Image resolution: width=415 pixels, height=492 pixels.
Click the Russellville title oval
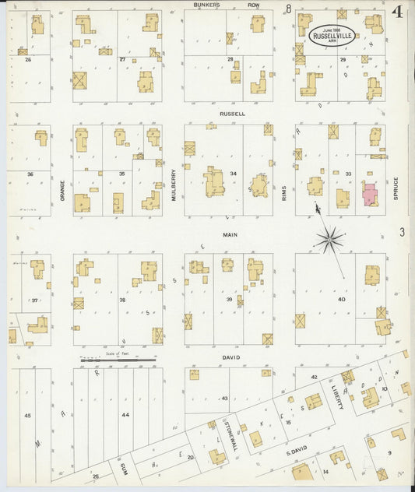331,34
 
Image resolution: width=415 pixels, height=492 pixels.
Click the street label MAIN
229,234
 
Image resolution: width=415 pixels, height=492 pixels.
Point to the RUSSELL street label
232,114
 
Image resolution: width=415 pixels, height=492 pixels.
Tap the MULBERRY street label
174,186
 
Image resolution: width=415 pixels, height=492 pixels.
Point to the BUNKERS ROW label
227,5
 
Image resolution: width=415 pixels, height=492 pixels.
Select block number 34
232,174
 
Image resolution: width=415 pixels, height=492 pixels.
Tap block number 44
125,416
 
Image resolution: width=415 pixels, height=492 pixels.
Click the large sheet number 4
397,12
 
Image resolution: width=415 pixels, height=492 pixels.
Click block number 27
122,59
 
